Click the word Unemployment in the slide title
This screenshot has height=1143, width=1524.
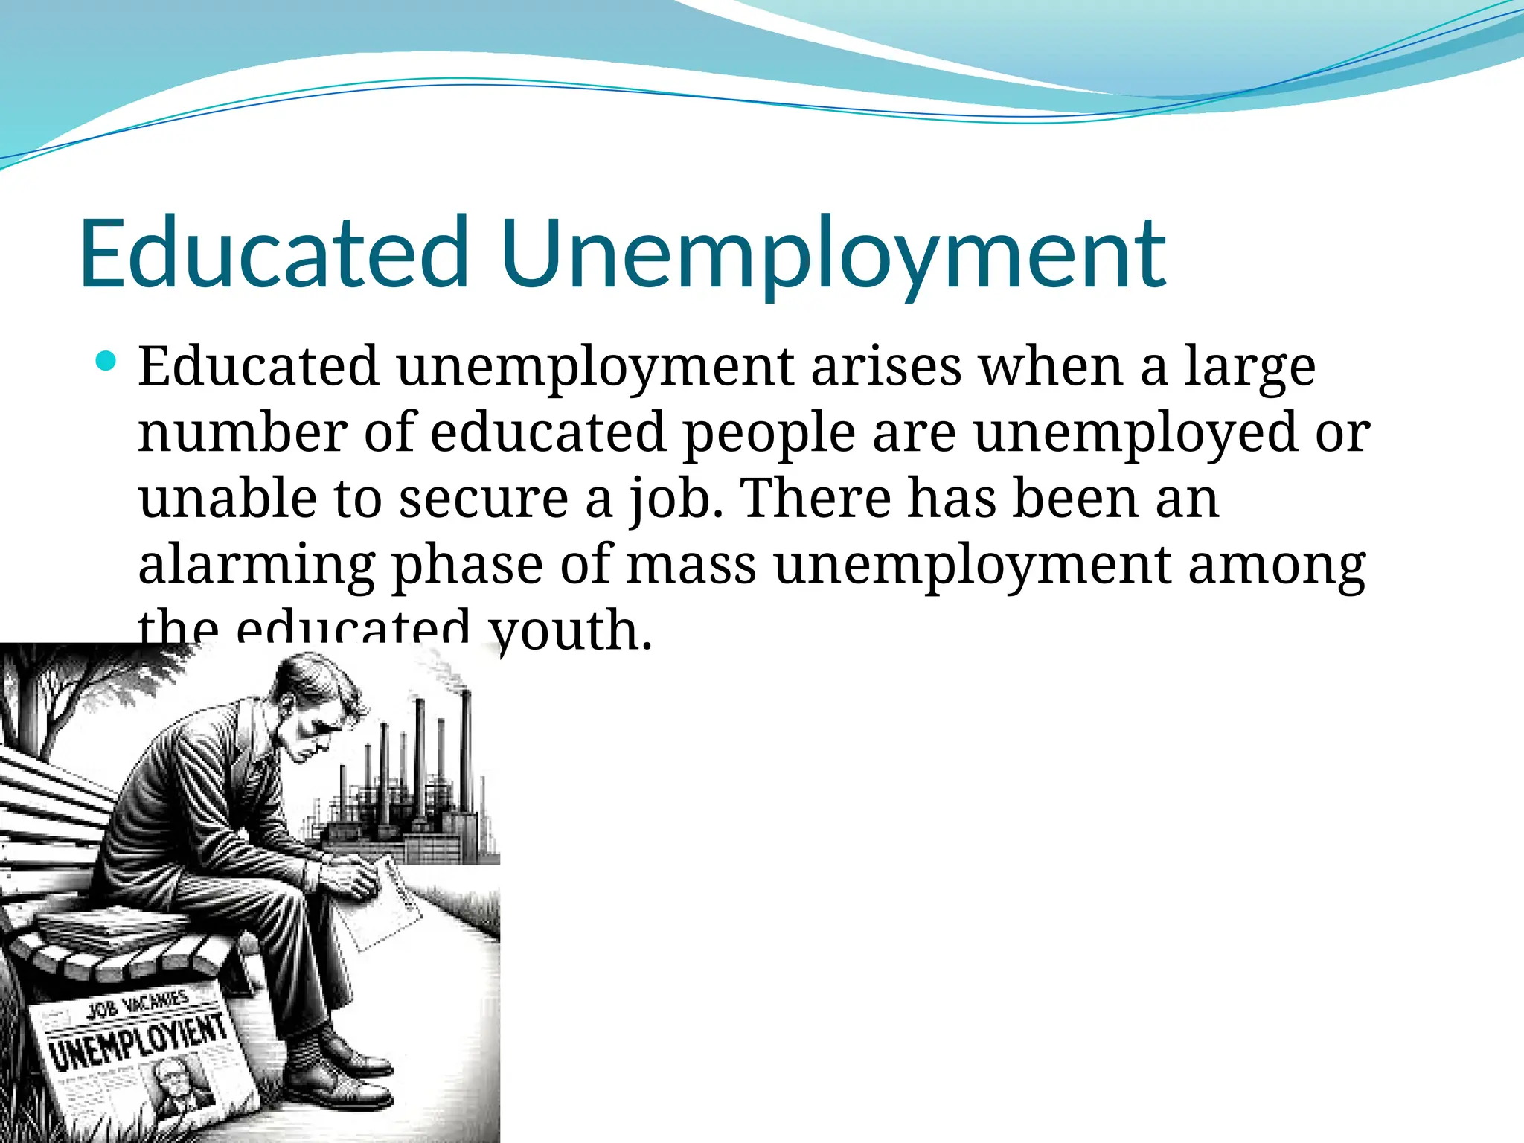[833, 253]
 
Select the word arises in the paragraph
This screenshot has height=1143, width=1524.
[886, 366]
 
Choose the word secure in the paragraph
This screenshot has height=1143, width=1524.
[483, 499]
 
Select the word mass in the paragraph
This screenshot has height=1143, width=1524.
[691, 565]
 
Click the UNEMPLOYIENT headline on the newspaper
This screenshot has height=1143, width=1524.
[138, 1042]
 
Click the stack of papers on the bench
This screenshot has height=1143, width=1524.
[112, 926]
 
